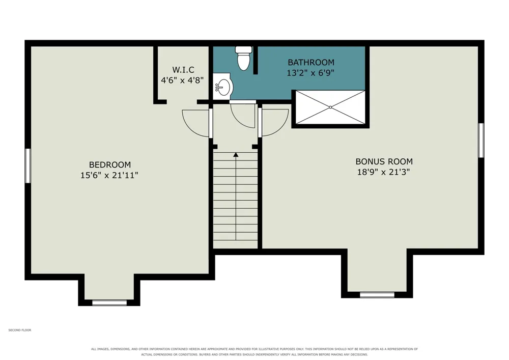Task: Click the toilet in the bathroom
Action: [x=243, y=59]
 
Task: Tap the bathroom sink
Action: [x=223, y=87]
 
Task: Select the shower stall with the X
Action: [x=330, y=107]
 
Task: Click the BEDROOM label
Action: [x=110, y=164]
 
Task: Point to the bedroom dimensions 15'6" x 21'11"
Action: [x=109, y=175]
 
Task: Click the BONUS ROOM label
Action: [x=384, y=161]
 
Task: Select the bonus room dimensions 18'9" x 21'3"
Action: [x=384, y=172]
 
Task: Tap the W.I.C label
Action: [x=183, y=69]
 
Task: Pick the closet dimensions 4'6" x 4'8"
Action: [x=182, y=80]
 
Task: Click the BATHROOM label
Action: [x=311, y=62]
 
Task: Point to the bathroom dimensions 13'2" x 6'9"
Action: [x=310, y=73]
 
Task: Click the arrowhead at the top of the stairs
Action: [x=236, y=155]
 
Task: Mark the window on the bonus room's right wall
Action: [x=482, y=140]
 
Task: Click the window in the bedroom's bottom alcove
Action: [x=109, y=303]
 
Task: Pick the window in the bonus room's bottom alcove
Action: [x=377, y=295]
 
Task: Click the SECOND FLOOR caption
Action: [x=20, y=330]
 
